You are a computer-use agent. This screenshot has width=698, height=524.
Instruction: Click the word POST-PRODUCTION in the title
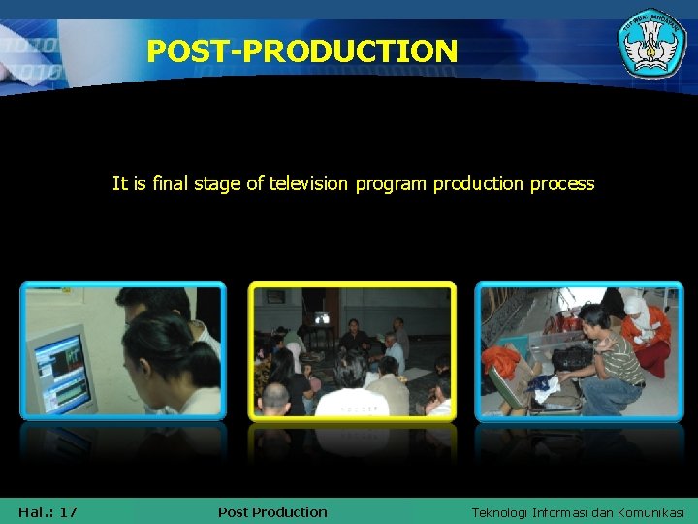coord(301,50)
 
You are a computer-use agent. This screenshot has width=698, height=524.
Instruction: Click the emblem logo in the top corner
coord(651,43)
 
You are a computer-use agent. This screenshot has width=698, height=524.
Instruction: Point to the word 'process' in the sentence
coord(562,183)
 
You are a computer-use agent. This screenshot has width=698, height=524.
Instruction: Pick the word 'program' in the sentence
coord(391,183)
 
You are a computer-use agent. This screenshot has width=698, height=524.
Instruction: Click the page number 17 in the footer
coord(68,511)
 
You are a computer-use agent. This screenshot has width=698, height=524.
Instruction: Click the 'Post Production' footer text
coord(272,511)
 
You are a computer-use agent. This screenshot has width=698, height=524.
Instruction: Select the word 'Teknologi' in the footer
coord(501,512)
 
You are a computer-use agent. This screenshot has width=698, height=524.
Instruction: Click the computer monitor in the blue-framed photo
coord(60,369)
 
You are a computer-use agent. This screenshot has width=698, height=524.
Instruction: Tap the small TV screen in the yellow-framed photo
coord(321,317)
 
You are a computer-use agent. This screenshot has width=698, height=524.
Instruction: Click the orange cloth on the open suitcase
coord(502,363)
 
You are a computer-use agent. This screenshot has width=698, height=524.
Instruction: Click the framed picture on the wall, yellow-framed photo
coord(276,296)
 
